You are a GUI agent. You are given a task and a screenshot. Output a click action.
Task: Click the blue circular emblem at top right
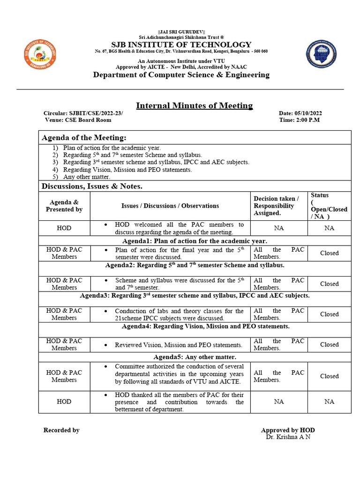coord(321,54)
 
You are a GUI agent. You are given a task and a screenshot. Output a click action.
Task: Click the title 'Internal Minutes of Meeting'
coord(194,105)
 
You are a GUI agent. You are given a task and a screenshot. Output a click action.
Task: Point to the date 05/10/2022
coord(308,113)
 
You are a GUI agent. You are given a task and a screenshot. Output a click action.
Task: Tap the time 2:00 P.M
coord(307,120)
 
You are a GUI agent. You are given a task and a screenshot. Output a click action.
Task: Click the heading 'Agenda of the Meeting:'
coord(84,137)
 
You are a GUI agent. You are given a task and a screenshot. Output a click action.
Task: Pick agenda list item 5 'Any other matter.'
coord(87,177)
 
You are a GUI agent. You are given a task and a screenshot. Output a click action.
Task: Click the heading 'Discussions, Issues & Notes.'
coord(92,187)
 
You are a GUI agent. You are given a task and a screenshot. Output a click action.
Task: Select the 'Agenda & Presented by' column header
coord(64,206)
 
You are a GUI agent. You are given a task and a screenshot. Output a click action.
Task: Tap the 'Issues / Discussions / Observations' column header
coord(170,206)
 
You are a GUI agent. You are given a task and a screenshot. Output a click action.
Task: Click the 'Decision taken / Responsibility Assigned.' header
coord(276,206)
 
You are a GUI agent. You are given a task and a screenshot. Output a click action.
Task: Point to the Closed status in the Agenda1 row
coord(329,253)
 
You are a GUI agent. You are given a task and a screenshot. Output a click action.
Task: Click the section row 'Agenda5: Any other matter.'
coord(195,357)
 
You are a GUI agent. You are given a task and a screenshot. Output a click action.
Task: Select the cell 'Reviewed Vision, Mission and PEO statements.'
coord(179,345)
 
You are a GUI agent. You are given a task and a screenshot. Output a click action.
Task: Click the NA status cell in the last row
coord(329,402)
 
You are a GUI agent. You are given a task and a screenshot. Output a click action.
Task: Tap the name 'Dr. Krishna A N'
coord(288,437)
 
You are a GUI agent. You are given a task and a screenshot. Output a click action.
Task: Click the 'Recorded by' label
coord(61,430)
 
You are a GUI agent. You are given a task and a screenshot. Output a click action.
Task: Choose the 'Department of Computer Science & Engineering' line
coord(181,75)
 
